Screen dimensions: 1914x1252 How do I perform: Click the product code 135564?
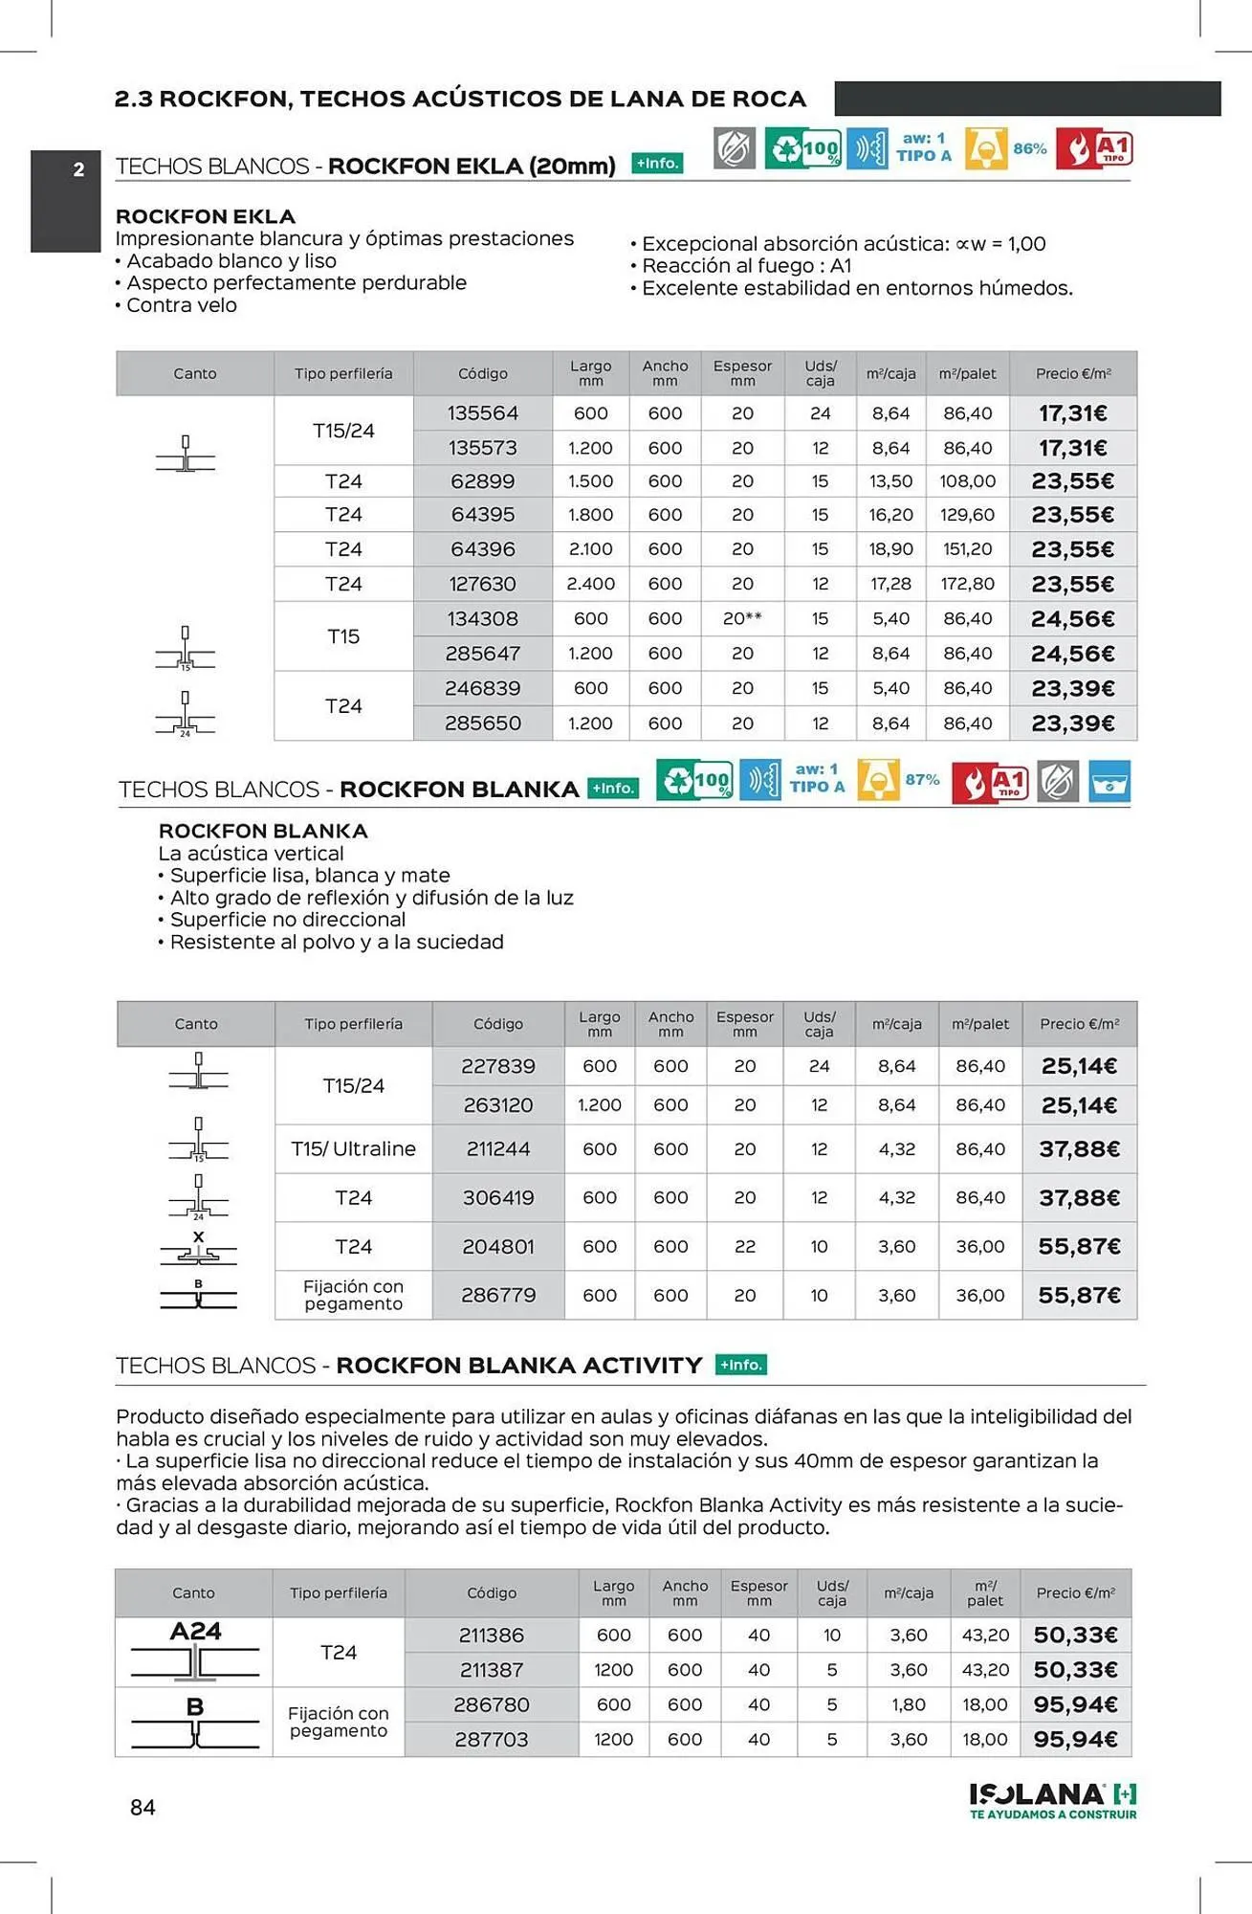[482, 413]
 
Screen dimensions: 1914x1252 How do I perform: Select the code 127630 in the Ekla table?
[482, 584]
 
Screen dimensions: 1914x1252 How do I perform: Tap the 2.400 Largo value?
[590, 584]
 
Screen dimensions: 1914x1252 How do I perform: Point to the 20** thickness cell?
[742, 619]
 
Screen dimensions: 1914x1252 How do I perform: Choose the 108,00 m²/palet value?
[967, 481]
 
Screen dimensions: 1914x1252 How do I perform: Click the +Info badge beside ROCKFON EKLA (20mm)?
[657, 164]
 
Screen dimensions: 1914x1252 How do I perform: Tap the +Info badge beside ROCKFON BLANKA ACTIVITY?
[740, 1365]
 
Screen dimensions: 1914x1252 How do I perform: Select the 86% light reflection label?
[1029, 149]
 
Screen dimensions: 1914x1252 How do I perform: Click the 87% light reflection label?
[922, 780]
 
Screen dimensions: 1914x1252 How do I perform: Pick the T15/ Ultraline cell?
[353, 1148]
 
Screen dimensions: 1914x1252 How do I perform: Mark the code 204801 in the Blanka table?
[497, 1246]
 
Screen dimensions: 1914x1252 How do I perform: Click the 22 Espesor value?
[745, 1246]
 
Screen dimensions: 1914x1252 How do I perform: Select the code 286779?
[497, 1295]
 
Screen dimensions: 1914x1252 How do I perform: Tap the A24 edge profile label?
[195, 1631]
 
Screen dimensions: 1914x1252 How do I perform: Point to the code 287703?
[491, 1739]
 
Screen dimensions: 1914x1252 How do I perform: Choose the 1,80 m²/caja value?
[908, 1704]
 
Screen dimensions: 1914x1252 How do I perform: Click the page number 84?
[143, 1807]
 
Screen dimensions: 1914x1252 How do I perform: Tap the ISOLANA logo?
[1052, 1798]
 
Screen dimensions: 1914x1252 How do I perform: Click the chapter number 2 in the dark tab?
[78, 170]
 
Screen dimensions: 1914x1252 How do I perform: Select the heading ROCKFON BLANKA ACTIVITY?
[518, 1366]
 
